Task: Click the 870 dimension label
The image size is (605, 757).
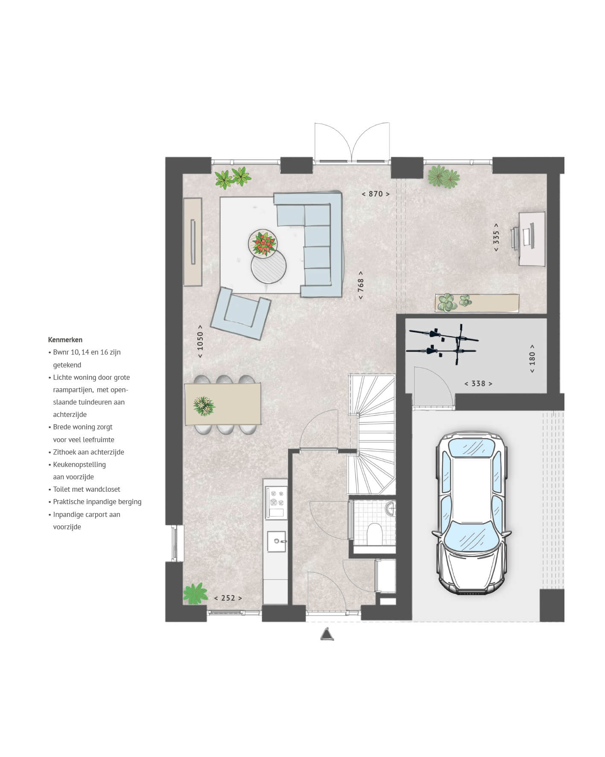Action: (x=375, y=194)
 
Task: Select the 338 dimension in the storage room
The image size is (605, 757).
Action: (x=478, y=384)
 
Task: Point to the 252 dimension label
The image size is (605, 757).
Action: (x=228, y=598)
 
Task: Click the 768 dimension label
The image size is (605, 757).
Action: (x=361, y=285)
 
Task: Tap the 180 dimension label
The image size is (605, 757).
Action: (x=532, y=358)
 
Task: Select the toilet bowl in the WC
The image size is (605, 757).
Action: (x=374, y=534)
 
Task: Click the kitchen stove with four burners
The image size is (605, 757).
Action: (x=275, y=498)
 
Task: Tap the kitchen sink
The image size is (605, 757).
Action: (x=277, y=542)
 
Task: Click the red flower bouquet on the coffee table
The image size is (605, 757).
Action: (x=263, y=244)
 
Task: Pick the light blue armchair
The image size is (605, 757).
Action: (x=240, y=313)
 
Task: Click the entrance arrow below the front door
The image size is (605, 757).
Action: (x=327, y=634)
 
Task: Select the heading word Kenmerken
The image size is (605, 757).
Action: (x=65, y=340)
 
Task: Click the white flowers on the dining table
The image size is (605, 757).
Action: (x=204, y=405)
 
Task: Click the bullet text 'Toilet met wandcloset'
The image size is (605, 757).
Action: (x=86, y=489)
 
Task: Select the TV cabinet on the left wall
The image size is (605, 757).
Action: (x=193, y=242)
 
